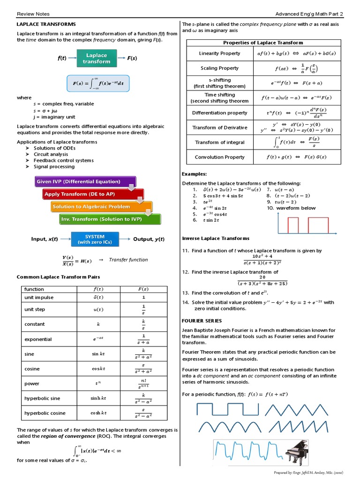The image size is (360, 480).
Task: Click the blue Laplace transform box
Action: pyautogui.click(x=96, y=59)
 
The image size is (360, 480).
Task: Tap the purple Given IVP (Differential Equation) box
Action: pyautogui.click(x=85, y=182)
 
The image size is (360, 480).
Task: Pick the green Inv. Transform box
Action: pyautogui.click(x=110, y=219)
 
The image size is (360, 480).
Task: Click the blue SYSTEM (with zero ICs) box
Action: pyautogui.click(x=95, y=239)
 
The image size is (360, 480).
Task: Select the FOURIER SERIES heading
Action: pyautogui.click(x=202, y=321)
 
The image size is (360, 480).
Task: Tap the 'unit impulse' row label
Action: pyautogui.click(x=39, y=298)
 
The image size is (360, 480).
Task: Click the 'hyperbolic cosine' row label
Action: pyautogui.click(x=45, y=413)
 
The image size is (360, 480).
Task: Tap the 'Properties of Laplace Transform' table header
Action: pyautogui.click(x=263, y=43)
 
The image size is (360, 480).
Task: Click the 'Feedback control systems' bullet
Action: pyautogui.click(x=64, y=160)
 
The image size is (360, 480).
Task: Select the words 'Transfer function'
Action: pyautogui.click(x=128, y=260)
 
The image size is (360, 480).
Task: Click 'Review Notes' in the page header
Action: pyautogui.click(x=33, y=14)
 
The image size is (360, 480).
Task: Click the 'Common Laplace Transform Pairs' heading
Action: pyautogui.click(x=58, y=277)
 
